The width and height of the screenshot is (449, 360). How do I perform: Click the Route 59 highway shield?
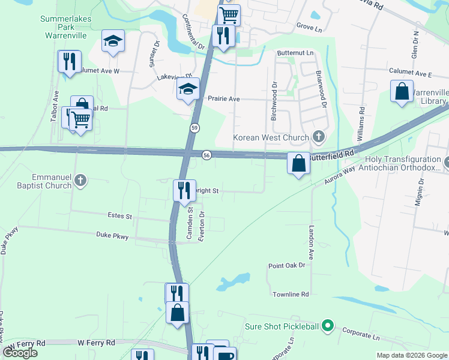(195, 128)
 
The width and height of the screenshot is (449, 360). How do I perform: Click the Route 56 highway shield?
(206, 155)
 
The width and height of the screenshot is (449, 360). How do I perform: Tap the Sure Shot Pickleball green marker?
(327, 326)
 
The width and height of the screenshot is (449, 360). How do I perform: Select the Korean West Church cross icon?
(318, 137)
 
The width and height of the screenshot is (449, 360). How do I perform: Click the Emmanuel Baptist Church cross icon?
(81, 180)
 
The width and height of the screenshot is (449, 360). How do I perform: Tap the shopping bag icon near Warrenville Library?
(402, 92)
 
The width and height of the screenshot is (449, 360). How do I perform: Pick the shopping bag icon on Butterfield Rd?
(298, 163)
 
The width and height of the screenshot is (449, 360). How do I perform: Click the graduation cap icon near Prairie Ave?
(188, 90)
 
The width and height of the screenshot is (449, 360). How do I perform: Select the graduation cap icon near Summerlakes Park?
(113, 41)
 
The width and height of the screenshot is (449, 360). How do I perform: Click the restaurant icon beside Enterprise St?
(184, 190)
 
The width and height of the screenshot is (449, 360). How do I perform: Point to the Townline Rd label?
(290, 295)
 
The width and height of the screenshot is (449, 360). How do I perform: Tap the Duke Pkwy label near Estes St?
(112, 237)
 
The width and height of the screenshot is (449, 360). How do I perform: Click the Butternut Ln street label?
(295, 53)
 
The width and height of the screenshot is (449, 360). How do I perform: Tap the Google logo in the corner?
(20, 353)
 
